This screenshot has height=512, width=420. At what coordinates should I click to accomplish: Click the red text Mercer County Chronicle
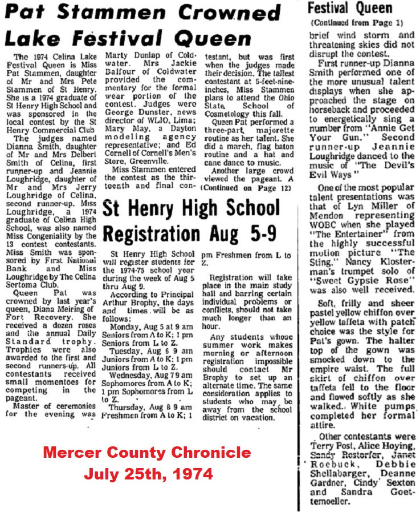147,453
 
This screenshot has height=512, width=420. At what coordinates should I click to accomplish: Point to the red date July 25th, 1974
148,474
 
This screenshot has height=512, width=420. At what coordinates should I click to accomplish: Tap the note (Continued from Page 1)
356,23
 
